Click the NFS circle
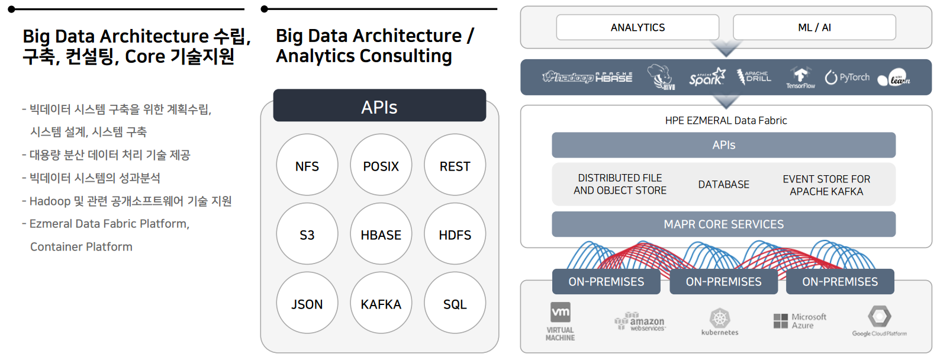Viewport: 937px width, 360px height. (x=307, y=165)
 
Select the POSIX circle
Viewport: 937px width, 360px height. (x=381, y=165)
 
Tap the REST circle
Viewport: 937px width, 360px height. (x=455, y=165)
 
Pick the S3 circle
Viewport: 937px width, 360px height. (x=307, y=234)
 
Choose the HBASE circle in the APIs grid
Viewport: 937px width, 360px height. (x=381, y=234)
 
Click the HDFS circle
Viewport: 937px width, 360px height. (x=455, y=234)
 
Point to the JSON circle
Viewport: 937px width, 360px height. (x=307, y=303)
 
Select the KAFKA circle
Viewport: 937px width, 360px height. (x=381, y=303)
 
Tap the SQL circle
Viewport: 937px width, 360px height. (x=455, y=303)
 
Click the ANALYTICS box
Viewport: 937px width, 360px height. (x=637, y=27)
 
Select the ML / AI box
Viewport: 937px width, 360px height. (x=814, y=27)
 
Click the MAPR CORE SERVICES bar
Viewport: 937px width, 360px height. (x=723, y=224)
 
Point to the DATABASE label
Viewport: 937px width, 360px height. (x=723, y=185)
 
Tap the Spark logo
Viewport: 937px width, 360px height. (x=707, y=78)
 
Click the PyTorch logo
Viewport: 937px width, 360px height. (x=847, y=78)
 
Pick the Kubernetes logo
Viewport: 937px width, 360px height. (x=720, y=322)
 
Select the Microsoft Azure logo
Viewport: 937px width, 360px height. (x=800, y=321)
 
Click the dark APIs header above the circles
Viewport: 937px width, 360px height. (x=379, y=106)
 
